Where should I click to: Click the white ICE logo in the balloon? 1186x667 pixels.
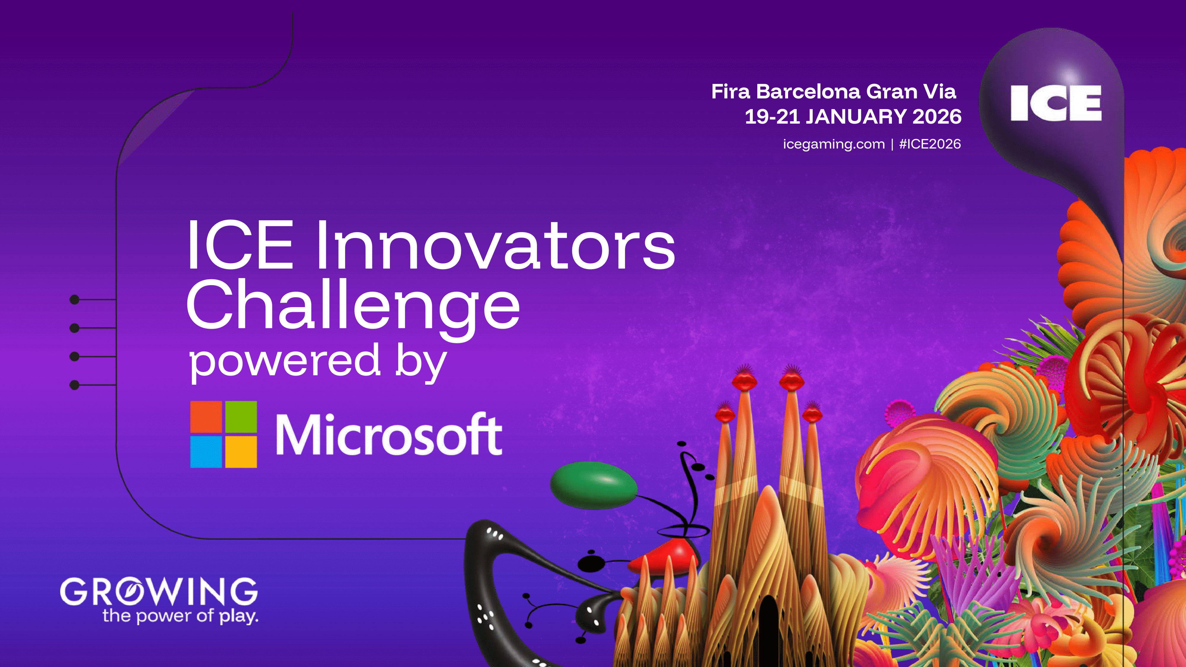pyautogui.click(x=1056, y=103)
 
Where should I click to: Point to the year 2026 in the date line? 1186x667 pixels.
pyautogui.click(x=937, y=117)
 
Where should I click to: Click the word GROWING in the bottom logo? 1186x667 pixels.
pyautogui.click(x=159, y=591)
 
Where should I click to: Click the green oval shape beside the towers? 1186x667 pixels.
pyautogui.click(x=594, y=485)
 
